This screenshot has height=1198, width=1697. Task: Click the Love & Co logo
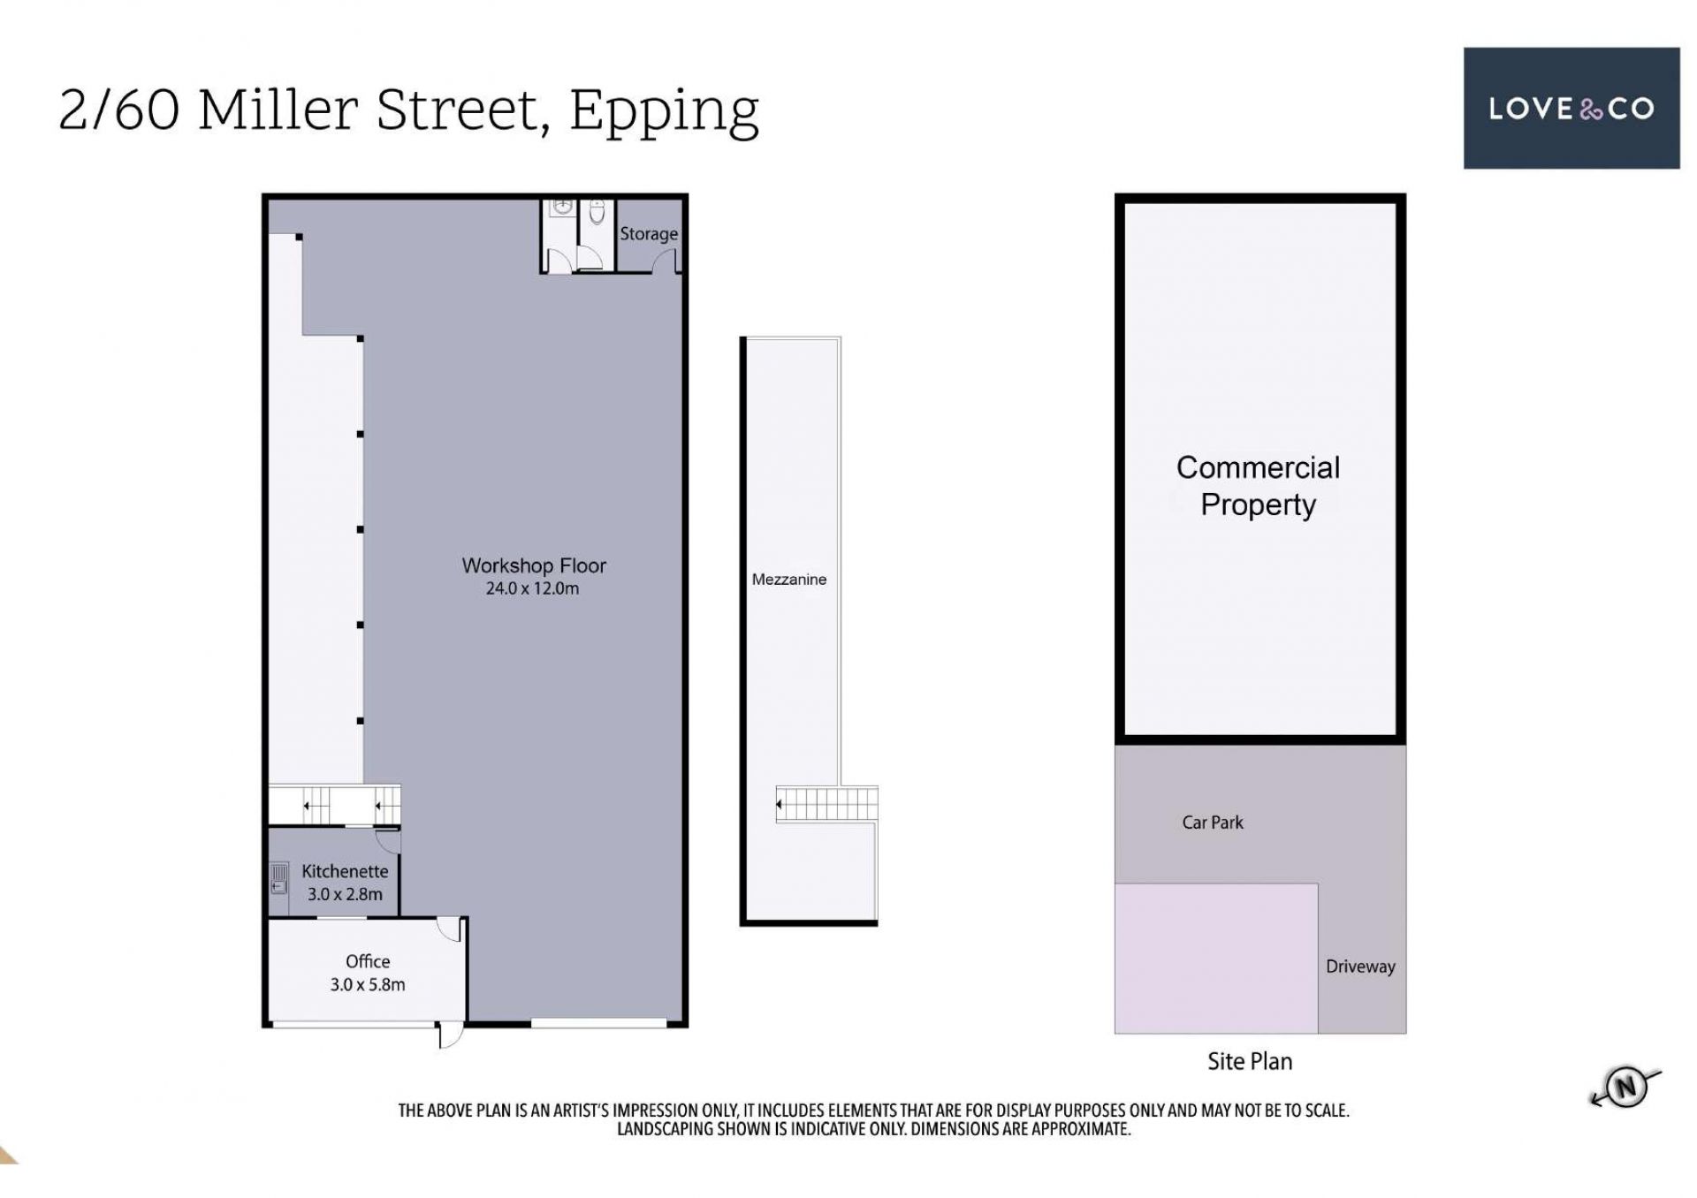pos(1571,108)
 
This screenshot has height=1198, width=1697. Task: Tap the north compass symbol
pos(1625,1086)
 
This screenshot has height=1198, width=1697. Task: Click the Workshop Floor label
pos(534,565)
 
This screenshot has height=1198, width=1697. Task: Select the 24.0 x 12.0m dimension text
pos(532,588)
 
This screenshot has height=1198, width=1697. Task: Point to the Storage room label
pos(649,234)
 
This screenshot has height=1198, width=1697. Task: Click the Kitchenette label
pos(345,871)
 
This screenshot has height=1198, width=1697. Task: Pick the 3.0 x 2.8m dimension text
pos(345,894)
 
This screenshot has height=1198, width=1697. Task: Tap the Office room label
pos(368,961)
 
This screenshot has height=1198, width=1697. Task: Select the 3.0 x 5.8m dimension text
pos(368,984)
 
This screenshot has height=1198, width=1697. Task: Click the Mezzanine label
pos(789,580)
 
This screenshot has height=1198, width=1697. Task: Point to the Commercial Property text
pos(1258,486)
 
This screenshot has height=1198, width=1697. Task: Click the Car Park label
pos(1213,823)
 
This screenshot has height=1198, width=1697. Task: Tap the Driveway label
pos(1360,967)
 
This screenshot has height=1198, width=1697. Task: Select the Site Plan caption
pos(1250,1061)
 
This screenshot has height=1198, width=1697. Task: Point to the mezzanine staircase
pos(827,804)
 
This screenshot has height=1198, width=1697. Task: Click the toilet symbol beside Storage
pos(597,212)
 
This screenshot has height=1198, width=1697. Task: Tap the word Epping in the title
pos(664,111)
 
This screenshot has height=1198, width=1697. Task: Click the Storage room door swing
pos(665,261)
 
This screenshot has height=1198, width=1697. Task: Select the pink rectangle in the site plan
pos(1216,959)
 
